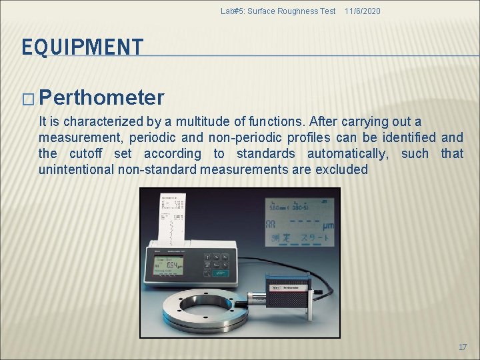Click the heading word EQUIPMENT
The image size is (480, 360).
pos(83,47)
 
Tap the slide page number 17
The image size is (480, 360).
pos(463,347)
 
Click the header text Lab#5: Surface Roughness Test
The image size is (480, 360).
pos(278,11)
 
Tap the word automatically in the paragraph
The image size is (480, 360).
pos(344,153)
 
